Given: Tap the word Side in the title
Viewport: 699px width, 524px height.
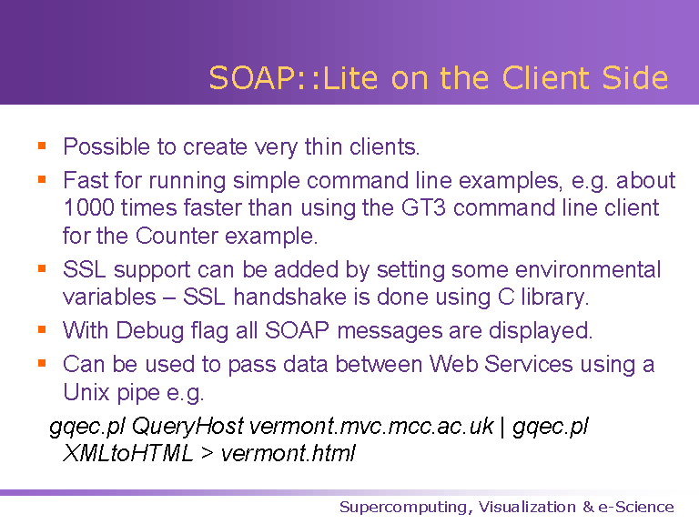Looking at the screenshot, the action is click(x=634, y=78).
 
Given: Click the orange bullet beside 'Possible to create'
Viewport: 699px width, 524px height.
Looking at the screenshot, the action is click(x=42, y=146).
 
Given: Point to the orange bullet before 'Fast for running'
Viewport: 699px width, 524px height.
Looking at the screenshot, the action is click(x=42, y=179).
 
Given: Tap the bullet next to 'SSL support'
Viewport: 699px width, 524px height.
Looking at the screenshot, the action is click(x=42, y=268).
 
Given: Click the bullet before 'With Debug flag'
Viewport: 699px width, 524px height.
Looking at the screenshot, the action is click(x=42, y=329).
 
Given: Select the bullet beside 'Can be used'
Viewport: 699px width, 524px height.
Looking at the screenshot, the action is click(x=42, y=364).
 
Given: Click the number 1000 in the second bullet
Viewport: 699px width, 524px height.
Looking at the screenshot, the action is click(x=88, y=207).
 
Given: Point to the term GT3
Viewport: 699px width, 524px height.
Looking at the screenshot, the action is click(x=423, y=207).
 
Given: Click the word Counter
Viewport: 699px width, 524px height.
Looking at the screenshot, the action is click(x=177, y=236).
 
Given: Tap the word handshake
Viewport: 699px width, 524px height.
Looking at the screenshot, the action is click(x=289, y=297).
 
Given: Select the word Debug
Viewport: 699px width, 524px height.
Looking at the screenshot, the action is click(x=150, y=331).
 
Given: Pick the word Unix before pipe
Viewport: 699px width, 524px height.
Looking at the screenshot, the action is click(x=86, y=392).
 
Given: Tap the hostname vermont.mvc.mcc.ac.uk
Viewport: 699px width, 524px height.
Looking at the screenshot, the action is click(x=371, y=426).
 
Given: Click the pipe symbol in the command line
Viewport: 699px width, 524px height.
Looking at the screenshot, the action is click(x=502, y=428).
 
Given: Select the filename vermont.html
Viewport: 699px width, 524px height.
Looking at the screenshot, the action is click(x=288, y=454).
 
